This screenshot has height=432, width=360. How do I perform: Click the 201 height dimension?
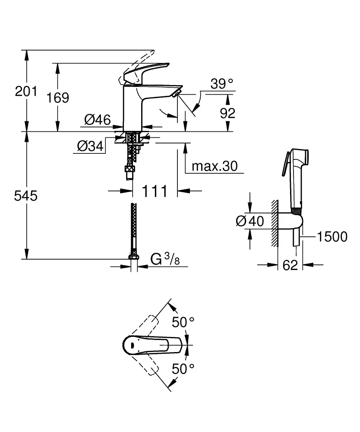click(x=26, y=91)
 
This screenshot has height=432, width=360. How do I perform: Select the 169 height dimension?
click(x=58, y=98)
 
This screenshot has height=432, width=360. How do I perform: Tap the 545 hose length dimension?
click(x=26, y=196)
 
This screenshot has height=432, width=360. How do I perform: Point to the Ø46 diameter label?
click(x=98, y=120)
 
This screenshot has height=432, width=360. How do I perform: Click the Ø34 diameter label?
click(x=91, y=147)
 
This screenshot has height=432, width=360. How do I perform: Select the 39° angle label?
click(x=221, y=84)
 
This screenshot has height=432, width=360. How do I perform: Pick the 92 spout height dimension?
click(x=227, y=113)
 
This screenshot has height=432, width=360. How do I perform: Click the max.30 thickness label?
click(x=215, y=166)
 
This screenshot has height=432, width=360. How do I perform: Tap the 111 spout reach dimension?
click(x=154, y=191)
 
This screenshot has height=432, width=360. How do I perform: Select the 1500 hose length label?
click(x=332, y=236)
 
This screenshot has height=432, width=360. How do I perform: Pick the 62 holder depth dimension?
click(x=291, y=265)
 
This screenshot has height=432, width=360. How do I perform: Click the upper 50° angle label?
click(x=183, y=322)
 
